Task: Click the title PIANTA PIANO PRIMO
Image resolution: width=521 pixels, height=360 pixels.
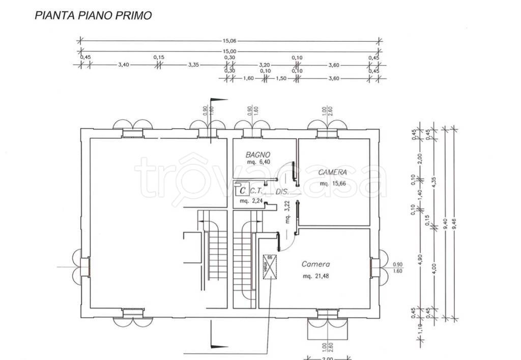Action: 93,16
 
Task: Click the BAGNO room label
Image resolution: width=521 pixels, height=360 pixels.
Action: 257,155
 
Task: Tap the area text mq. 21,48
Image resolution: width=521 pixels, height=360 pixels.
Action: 315,276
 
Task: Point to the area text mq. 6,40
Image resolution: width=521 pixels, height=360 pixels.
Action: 258,162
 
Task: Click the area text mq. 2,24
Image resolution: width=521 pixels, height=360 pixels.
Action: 251,201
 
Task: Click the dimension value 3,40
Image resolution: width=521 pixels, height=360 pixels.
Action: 123,65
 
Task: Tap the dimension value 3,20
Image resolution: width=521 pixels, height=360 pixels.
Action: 264,65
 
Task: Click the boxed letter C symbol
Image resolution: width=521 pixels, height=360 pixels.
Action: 243,191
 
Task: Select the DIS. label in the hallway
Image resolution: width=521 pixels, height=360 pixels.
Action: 282,192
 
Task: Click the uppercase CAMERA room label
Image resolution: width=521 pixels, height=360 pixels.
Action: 332,172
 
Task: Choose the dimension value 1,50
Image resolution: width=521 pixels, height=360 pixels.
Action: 282,79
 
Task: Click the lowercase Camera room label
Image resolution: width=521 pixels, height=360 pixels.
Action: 315,264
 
